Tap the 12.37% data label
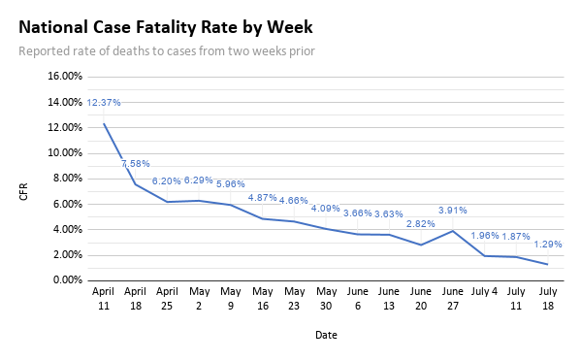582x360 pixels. pos(104,103)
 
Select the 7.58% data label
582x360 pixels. pos(135,164)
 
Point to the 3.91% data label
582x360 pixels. pos(452,211)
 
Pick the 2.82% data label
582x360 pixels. pos(421,224)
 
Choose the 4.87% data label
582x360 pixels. pos(263,198)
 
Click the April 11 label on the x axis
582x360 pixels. pos(104,298)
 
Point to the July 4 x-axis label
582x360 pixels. pos(483,291)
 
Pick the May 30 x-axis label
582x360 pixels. pos(325,298)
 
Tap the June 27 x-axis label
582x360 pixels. pos(452,298)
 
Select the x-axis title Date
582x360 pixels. pos(326,335)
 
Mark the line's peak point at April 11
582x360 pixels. pos(104,123)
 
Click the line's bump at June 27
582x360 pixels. pos(452,230)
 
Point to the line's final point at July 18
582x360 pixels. pos(546,264)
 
